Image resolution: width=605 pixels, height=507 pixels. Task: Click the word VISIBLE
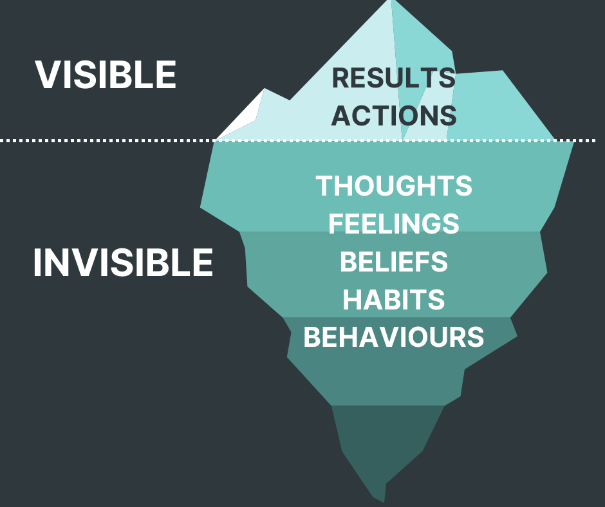tap(106, 75)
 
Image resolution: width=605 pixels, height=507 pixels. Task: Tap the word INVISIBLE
tap(123, 263)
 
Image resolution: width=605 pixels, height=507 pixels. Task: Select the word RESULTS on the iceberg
tap(393, 78)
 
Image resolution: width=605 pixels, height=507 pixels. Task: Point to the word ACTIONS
tap(394, 116)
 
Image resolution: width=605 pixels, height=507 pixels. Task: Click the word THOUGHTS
tap(394, 186)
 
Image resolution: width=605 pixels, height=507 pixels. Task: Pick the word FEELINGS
tap(394, 224)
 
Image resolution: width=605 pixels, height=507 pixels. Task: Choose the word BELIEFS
tap(394, 262)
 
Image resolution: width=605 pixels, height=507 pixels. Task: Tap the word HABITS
tap(394, 300)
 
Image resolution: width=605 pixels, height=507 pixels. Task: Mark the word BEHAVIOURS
tap(394, 337)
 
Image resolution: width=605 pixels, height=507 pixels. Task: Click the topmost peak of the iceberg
tap(391, 4)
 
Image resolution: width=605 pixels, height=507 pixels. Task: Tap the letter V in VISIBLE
tap(47, 75)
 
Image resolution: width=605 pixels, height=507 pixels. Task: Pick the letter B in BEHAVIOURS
tap(312, 337)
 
